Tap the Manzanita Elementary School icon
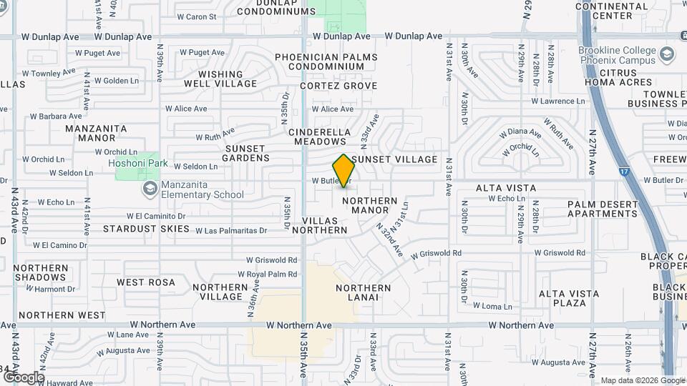click(150, 188)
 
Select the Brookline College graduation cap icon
click(667, 55)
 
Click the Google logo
click(23, 377)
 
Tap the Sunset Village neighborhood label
click(394, 159)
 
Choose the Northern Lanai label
click(364, 293)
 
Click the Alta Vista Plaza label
click(563, 298)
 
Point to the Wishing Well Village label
click(220, 79)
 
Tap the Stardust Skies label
click(146, 229)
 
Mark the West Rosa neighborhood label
click(146, 282)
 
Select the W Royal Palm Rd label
click(267, 274)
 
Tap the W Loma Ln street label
click(493, 306)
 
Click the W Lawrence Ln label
click(557, 102)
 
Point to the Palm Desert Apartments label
click(603, 209)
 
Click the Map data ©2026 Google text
click(642, 380)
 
